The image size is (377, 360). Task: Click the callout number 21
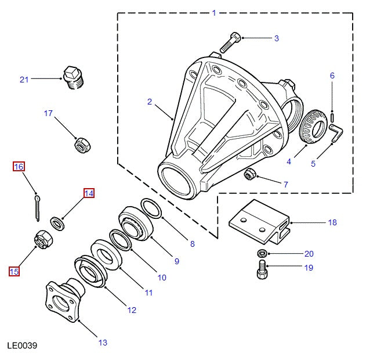24,80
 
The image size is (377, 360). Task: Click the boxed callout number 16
19,167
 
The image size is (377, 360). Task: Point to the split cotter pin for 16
37,207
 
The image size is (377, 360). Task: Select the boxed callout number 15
14,271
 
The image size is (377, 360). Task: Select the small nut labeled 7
251,174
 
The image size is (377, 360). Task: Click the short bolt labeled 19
262,269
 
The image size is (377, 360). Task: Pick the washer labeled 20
262,254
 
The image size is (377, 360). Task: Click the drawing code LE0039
22,346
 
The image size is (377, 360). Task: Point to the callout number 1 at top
214,13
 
